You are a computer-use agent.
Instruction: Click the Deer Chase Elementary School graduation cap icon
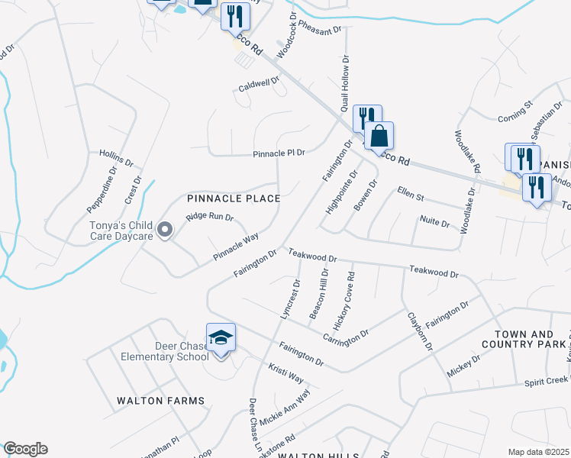tap(221, 337)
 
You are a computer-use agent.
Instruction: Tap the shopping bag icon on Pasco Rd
tap(379, 136)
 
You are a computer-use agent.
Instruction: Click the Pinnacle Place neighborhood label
tap(234, 198)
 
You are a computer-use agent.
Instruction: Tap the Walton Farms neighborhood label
tap(160, 400)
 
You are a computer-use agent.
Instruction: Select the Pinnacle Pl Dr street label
tap(279, 153)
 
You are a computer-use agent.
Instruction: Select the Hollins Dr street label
tap(116, 158)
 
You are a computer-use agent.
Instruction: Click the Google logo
tap(25, 449)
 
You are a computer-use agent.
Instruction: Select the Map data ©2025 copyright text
tap(538, 452)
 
